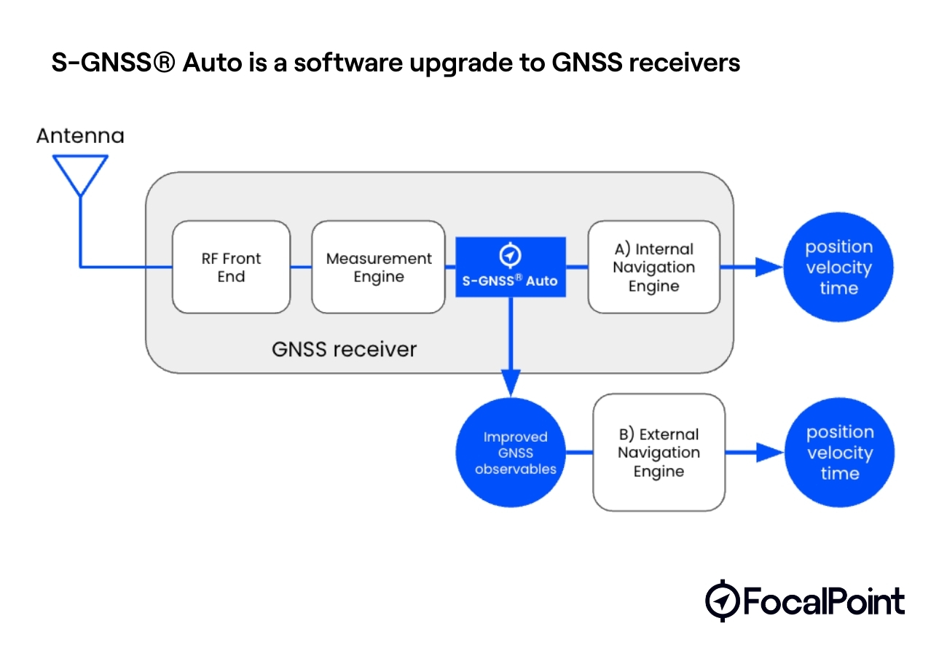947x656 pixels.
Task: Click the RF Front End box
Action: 231,268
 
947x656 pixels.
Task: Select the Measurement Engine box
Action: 378,268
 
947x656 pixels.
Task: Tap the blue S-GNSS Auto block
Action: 510,268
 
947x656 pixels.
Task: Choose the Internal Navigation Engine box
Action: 653,268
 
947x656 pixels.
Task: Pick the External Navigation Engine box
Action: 659,453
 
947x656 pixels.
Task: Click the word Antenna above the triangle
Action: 80,136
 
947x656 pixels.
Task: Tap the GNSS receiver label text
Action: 344,349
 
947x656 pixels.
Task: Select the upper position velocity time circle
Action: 838,268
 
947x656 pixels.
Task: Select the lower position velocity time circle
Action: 839,453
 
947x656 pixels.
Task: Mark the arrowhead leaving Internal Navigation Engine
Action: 767,268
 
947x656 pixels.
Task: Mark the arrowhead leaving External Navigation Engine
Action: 768,453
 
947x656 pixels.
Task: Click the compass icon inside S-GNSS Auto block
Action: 510,254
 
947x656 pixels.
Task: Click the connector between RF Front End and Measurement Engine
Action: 301,268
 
